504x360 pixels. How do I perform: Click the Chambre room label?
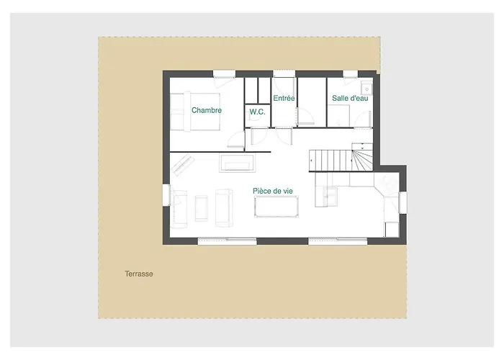(x=207, y=110)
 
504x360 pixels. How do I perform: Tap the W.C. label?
(x=258, y=112)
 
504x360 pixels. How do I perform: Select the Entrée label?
(x=284, y=98)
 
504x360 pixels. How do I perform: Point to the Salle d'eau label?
(x=350, y=98)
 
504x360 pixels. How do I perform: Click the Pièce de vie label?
(x=273, y=191)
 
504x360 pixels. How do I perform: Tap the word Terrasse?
(x=139, y=274)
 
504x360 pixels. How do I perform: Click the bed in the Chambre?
(x=195, y=112)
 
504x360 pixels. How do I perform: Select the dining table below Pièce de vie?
(x=276, y=207)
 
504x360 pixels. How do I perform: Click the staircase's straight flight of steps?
(x=330, y=161)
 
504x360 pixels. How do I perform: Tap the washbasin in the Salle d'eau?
(x=366, y=89)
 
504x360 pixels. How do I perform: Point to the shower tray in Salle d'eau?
(x=338, y=116)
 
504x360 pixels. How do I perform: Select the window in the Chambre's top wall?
(x=225, y=74)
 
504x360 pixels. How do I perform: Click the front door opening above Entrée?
(x=284, y=74)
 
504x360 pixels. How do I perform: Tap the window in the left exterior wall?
(x=166, y=195)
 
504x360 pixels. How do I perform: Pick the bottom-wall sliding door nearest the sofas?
(x=227, y=241)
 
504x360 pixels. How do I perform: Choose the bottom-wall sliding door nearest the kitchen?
(x=338, y=241)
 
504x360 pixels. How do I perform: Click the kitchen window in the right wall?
(x=402, y=202)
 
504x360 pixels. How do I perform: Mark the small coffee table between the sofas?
(x=202, y=208)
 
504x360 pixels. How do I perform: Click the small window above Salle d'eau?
(x=350, y=74)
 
